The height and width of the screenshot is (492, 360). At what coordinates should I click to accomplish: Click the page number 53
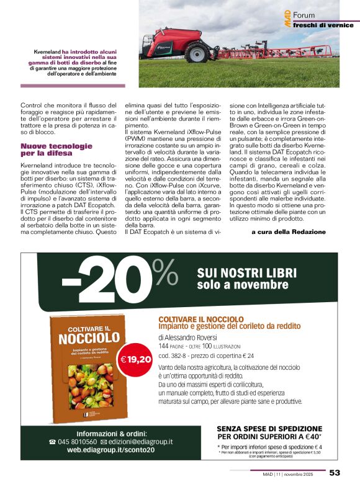coord(335,473)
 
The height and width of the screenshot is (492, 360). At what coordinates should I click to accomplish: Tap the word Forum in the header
coord(304,14)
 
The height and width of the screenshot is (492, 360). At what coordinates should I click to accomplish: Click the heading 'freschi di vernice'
coord(323,25)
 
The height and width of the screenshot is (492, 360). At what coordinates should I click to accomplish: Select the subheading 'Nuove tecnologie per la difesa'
coord(56,149)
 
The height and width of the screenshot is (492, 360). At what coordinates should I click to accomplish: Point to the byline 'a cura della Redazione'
coord(288,214)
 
